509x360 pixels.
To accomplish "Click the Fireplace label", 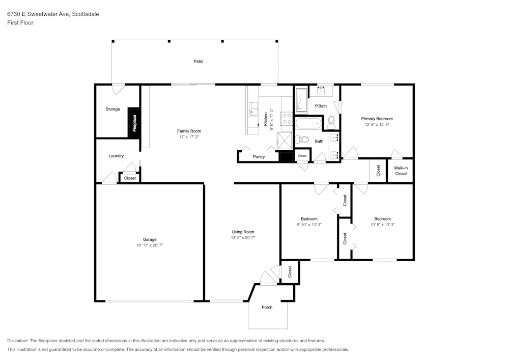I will point(135,123).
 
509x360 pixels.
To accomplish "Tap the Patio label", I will point(198,61).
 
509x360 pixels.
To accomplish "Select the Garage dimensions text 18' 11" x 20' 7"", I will point(150,245).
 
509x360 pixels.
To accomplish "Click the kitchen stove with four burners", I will point(287,119).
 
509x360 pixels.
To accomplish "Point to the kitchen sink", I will point(253,109).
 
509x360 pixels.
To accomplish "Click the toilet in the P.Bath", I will point(331,121).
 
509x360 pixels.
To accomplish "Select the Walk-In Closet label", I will point(401,171).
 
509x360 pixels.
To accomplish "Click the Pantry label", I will point(259,157).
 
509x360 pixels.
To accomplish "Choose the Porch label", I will point(267,307).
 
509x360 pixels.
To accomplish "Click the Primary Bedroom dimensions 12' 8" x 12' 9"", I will point(377,124).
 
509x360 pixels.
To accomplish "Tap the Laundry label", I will point(116,156).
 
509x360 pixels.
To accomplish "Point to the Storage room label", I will point(112,109).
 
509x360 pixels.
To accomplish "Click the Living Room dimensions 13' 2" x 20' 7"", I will point(243,237).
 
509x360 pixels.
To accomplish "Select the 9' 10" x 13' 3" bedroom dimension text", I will point(309,224).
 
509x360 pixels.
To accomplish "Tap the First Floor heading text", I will point(20,23).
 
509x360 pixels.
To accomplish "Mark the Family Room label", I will point(189,131).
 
